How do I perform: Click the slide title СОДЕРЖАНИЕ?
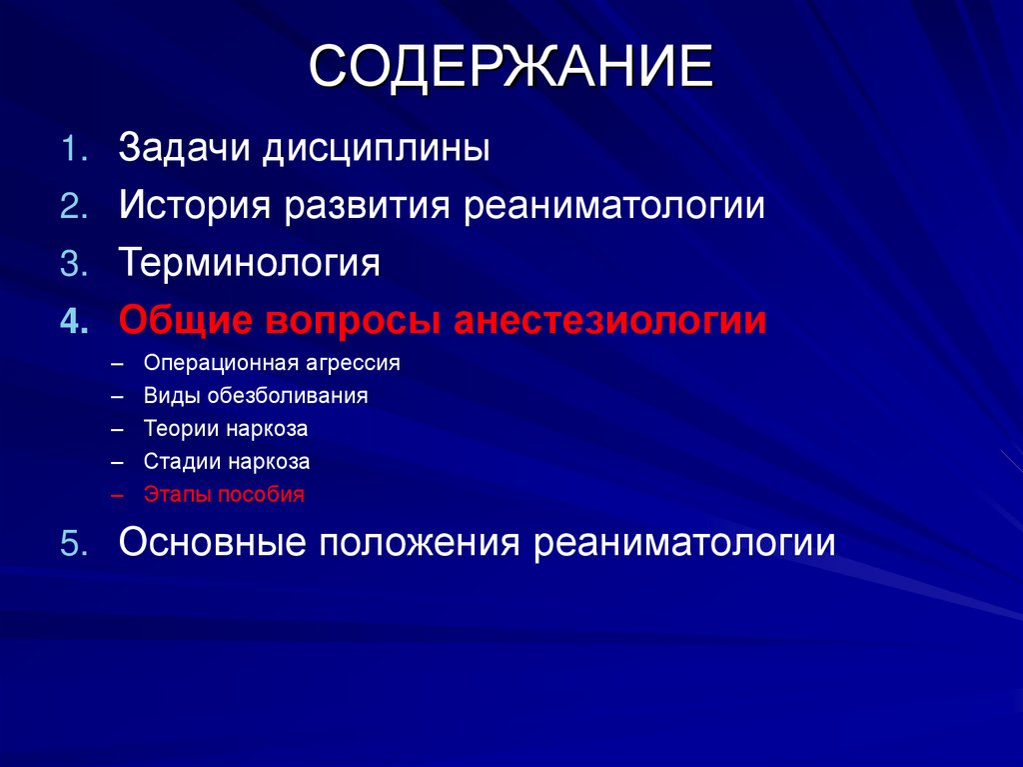click(511, 69)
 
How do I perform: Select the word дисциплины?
click(377, 149)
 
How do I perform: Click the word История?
click(196, 207)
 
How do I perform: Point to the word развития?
click(369, 207)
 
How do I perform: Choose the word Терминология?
click(250, 264)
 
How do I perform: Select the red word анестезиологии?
click(610, 321)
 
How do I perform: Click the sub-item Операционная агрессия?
click(272, 364)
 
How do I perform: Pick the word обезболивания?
click(289, 396)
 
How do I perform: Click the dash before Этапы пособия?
click(119, 495)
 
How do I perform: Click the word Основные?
click(211, 543)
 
